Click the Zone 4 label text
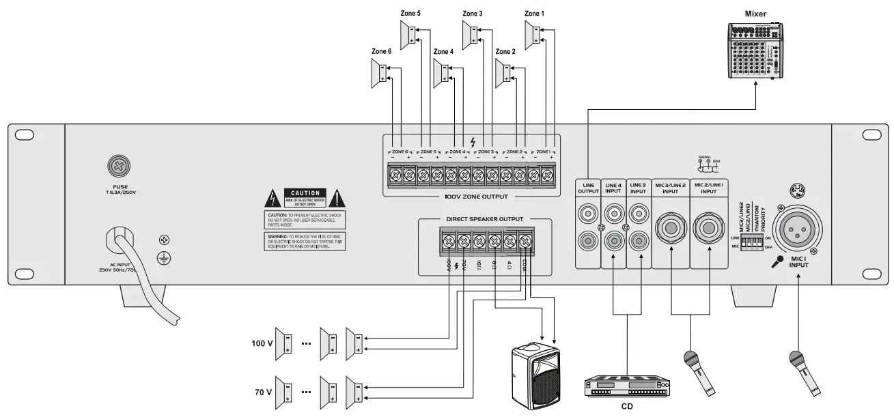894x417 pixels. point(443,52)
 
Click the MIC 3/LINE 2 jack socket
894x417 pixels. point(670,227)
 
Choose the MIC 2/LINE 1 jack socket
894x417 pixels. point(708,227)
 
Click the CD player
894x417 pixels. point(626,388)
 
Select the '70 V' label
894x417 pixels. point(262,392)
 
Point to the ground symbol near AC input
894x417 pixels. point(164,255)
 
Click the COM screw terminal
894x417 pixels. point(525,240)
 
